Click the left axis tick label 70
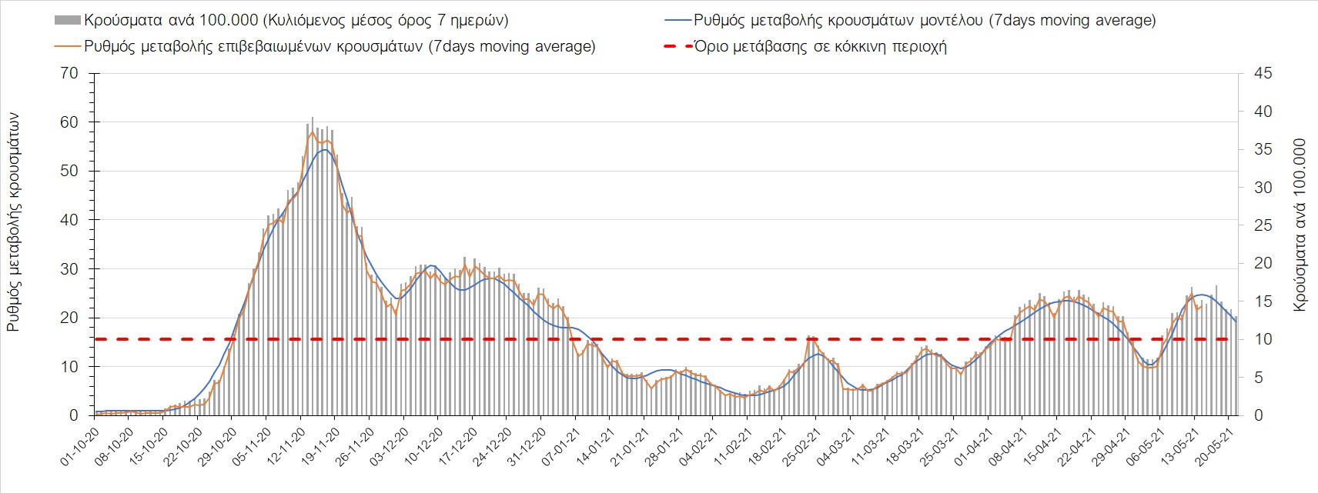pos(69,74)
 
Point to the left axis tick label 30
pos(69,269)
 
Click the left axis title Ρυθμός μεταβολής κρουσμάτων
pos(13,223)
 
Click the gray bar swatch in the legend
pos(67,20)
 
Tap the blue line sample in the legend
pos(677,20)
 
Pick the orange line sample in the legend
pos(67,46)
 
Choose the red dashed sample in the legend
pos(677,46)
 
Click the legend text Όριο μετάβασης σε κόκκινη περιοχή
pos(820,46)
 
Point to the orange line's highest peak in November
pos(312,132)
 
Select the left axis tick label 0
pos(74,415)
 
